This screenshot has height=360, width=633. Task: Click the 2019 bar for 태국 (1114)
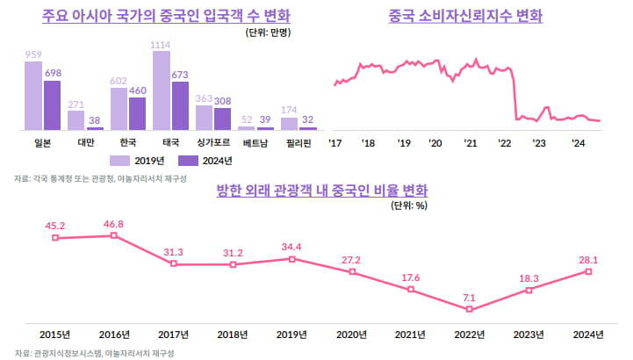(162, 90)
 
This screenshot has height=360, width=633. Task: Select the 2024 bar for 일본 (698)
(52, 105)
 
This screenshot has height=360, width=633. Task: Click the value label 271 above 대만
(76, 104)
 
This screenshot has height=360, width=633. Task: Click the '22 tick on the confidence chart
(504, 143)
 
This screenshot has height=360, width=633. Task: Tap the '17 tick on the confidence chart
(334, 143)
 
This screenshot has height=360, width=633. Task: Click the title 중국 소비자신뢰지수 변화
(465, 17)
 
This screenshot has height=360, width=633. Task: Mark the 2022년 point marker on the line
(471, 309)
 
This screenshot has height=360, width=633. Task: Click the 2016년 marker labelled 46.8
(114, 235)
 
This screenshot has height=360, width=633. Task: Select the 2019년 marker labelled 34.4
(292, 258)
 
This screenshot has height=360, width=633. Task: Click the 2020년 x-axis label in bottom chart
(352, 335)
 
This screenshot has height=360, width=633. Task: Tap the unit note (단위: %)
(408, 206)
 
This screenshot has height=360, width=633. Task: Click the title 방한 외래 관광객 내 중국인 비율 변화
(321, 191)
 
